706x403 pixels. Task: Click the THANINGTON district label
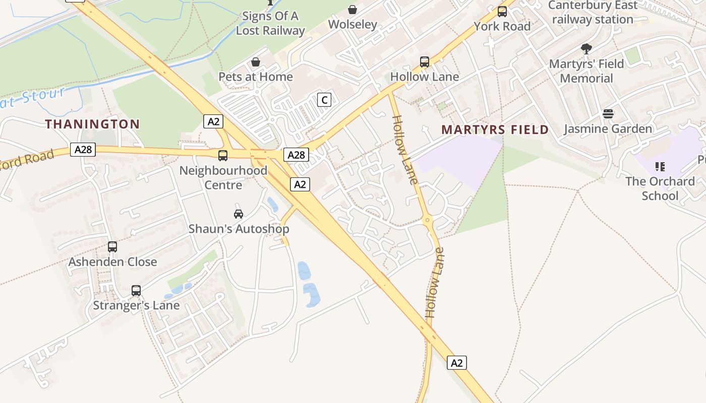(93, 124)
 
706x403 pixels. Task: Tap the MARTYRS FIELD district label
(495, 129)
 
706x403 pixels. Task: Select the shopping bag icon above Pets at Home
(256, 62)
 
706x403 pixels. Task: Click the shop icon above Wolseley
(352, 10)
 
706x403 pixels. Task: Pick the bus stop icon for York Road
(502, 12)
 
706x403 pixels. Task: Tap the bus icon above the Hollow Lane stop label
(425, 62)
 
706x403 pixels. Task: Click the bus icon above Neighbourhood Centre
(223, 156)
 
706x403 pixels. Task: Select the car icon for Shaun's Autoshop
(239, 214)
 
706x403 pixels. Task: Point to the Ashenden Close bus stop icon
(112, 247)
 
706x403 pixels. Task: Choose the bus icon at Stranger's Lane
(136, 291)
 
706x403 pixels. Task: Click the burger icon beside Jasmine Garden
(608, 114)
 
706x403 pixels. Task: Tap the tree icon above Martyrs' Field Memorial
(586, 49)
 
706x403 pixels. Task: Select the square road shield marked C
(324, 100)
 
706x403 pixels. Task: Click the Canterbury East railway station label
(593, 13)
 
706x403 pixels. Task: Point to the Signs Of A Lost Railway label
(271, 23)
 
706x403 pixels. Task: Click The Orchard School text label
(660, 188)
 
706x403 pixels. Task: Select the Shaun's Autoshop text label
(239, 229)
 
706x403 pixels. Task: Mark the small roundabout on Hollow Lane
(428, 220)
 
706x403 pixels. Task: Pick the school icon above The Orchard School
(660, 166)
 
